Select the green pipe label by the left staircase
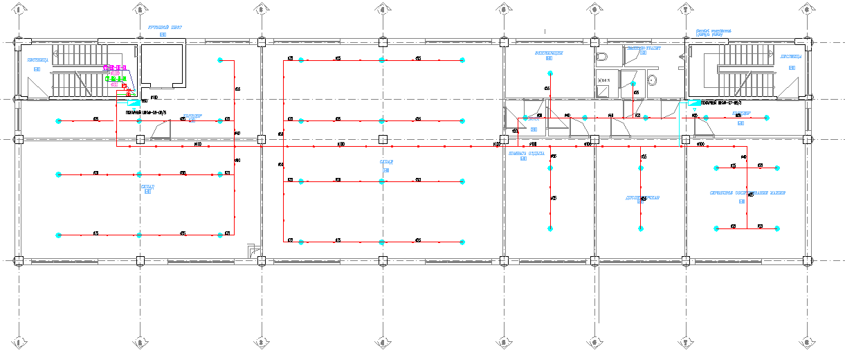coord(115,79)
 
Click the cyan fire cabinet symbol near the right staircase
coord(693,102)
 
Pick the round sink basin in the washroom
coord(651,80)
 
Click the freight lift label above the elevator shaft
coord(164,27)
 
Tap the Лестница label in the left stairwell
coord(37,60)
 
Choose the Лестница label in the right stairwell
coord(791,57)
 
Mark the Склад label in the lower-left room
coord(147,187)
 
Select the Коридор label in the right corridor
coord(741,113)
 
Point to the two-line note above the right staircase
coord(709,32)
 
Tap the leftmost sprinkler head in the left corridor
coord(59,120)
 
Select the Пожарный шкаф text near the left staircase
coord(146,111)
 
